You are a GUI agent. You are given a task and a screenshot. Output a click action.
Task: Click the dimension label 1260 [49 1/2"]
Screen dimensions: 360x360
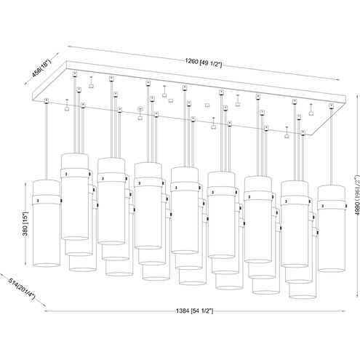(x=203, y=63)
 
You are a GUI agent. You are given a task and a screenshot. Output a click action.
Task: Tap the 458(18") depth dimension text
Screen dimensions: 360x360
(x=41, y=68)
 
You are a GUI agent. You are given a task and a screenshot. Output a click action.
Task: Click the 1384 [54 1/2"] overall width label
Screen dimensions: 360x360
(x=195, y=311)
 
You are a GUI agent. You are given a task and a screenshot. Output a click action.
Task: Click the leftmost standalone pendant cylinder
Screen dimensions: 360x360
(x=46, y=223)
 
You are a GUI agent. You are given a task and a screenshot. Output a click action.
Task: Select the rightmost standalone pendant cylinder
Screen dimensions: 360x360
(x=332, y=228)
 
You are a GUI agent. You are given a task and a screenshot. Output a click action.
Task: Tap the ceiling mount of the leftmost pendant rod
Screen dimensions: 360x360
(x=46, y=100)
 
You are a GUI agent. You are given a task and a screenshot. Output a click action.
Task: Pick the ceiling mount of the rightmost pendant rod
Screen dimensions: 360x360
(x=331, y=106)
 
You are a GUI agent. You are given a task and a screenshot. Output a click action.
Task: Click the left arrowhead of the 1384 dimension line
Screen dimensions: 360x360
(x=46, y=311)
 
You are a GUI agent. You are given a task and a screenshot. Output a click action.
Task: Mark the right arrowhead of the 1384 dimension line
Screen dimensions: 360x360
(x=344, y=311)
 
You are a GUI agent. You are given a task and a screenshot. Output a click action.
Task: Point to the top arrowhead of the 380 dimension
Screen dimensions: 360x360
(x=26, y=184)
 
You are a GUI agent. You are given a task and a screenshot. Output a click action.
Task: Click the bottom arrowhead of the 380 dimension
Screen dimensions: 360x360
(x=26, y=264)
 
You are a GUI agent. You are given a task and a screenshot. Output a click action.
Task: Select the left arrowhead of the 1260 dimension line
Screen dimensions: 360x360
(x=70, y=47)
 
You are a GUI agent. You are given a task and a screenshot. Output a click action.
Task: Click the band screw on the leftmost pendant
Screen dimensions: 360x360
(x=37, y=201)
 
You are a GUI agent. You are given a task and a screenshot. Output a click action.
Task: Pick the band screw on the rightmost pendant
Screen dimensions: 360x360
(x=323, y=206)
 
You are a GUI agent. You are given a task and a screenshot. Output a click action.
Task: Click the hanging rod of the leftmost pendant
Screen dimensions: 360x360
(x=46, y=142)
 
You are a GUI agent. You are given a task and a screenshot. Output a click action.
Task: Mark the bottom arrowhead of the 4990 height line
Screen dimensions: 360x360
(x=357, y=295)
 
